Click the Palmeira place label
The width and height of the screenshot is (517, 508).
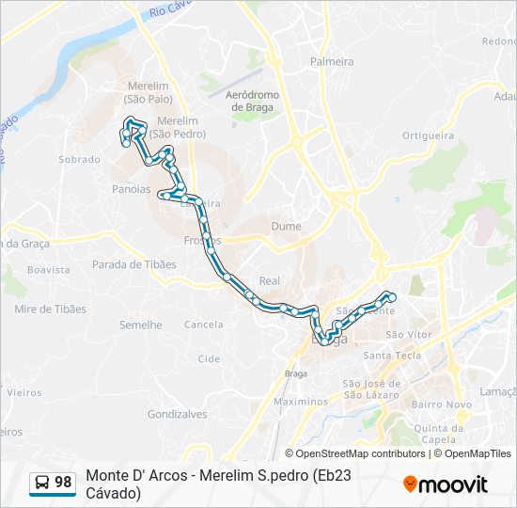point(332,62)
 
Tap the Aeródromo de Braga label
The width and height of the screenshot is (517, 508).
point(251,101)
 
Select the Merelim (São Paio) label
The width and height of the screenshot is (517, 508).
point(147,91)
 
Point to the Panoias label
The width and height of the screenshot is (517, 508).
point(131,189)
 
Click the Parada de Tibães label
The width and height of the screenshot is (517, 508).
point(134,264)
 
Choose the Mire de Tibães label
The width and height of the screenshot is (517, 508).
point(50,309)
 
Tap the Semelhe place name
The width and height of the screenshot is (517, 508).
point(141,325)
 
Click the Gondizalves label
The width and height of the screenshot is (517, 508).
point(177,414)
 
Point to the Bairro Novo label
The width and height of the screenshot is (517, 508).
point(441,405)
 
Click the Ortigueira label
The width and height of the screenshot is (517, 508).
point(428,135)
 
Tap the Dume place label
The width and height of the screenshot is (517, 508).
point(286,227)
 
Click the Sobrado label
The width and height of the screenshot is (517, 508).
point(79,160)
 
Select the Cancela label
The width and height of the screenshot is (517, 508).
point(204,325)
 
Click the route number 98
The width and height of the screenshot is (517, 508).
point(63,483)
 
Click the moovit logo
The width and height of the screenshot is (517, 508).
point(446,484)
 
